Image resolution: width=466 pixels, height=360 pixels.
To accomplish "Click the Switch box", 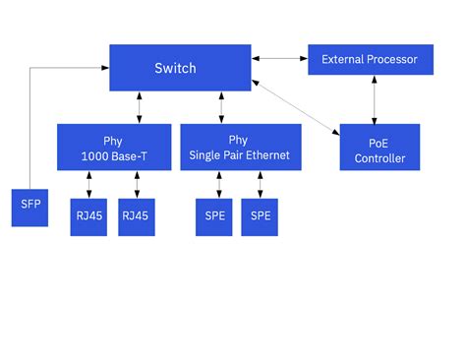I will tap(175, 68).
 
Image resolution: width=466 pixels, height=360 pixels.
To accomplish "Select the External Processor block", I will tap(370, 60).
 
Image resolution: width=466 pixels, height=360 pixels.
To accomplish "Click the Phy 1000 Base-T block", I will tap(114, 148).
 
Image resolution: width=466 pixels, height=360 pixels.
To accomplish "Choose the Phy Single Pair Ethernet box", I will tap(239, 148).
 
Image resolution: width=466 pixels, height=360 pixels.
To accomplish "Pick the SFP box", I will tap(28, 208).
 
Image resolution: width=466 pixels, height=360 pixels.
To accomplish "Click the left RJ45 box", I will tap(89, 215).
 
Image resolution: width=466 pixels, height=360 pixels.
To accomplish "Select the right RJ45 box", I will tap(137, 215).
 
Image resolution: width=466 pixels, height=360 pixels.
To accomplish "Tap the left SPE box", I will tap(213, 215).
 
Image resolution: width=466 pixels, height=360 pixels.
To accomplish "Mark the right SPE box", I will tap(261, 215).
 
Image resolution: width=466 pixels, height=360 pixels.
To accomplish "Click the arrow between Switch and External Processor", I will tap(279, 60).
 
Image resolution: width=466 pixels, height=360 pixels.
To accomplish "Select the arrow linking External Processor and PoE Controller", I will tap(374, 99).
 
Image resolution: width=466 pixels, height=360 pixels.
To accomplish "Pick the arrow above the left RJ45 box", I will tap(89, 184).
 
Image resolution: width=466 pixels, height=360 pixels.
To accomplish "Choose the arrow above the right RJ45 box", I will tap(137, 184).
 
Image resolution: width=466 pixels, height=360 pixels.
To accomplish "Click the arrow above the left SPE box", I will tap(218, 184).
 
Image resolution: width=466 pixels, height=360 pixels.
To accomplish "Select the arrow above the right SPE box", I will tap(260, 184).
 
